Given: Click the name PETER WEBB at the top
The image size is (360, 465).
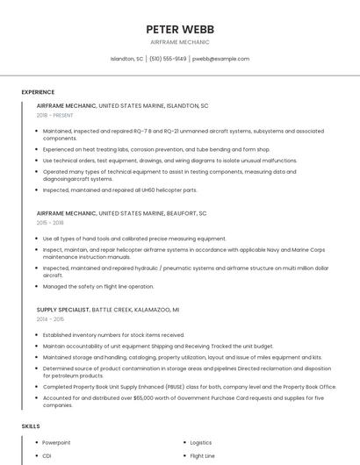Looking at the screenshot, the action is click(x=180, y=29).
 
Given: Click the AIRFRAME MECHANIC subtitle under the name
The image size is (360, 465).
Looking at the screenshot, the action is click(x=180, y=41).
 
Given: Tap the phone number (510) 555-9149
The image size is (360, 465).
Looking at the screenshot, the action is click(x=168, y=59).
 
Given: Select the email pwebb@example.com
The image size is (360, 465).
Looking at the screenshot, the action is click(x=221, y=59).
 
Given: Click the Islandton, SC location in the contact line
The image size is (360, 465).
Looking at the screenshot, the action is click(x=126, y=59).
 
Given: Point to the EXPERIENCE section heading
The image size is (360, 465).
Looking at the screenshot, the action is click(x=38, y=92).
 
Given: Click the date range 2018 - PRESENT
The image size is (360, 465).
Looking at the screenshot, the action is click(x=54, y=115).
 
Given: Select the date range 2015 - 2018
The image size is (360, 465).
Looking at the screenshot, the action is click(x=50, y=223).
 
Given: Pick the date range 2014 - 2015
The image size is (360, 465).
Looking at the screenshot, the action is click(x=50, y=319).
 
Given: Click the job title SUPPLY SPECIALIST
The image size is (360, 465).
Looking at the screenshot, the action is click(x=63, y=310).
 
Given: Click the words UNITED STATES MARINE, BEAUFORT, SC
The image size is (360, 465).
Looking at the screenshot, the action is click(x=153, y=213).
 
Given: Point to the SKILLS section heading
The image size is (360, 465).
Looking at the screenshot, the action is click(x=31, y=426).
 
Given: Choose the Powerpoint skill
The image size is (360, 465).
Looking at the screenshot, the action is click(x=56, y=443).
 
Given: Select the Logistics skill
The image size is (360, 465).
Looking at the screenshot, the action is click(x=201, y=443).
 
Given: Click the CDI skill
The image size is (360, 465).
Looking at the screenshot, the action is click(x=47, y=456).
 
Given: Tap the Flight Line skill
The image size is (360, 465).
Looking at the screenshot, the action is click(x=203, y=456).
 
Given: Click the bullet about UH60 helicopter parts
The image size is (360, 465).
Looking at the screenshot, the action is click(x=120, y=190).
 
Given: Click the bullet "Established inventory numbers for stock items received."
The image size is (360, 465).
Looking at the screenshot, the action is click(x=113, y=334).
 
